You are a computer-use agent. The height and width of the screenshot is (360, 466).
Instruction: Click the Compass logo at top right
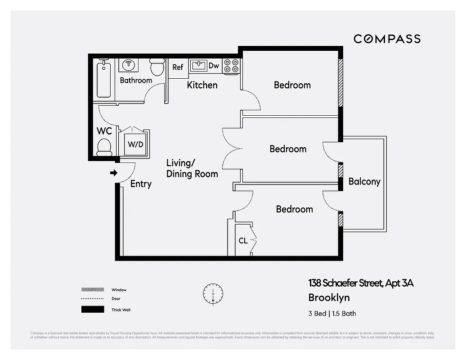[x=387, y=39]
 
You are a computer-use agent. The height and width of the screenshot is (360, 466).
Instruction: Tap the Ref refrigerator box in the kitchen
[x=178, y=67]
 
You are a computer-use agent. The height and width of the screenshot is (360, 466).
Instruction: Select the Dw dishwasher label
[x=214, y=66]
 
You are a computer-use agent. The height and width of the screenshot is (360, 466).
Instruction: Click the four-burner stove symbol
[x=231, y=66]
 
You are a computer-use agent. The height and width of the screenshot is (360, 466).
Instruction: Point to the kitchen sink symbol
[x=198, y=65]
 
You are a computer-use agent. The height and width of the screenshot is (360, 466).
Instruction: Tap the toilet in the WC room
[x=104, y=147]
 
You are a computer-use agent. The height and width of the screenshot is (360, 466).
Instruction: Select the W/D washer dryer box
[x=135, y=144]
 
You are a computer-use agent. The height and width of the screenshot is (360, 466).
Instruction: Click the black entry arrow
[x=114, y=173]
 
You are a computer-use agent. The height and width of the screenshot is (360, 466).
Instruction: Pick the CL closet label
[x=243, y=241]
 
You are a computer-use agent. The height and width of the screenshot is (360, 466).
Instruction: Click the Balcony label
[x=364, y=181]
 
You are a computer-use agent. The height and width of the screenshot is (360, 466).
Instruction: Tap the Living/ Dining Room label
[x=192, y=168]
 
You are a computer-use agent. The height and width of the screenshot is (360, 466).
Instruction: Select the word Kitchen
[x=202, y=85]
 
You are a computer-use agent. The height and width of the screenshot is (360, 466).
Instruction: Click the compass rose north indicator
[x=213, y=293]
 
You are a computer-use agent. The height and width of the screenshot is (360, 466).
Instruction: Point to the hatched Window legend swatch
[x=92, y=290]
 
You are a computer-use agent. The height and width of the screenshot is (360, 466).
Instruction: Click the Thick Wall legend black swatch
[x=92, y=310]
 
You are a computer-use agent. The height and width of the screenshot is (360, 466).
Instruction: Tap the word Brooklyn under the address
[x=329, y=297]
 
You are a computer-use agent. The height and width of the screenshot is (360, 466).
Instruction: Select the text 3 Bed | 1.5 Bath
[x=332, y=314]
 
